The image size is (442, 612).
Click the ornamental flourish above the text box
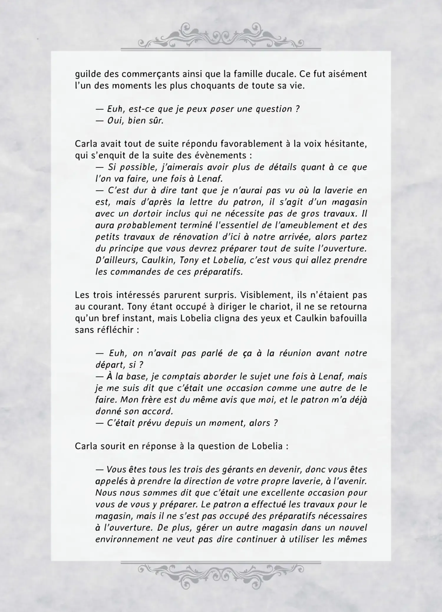pos(221,35)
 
